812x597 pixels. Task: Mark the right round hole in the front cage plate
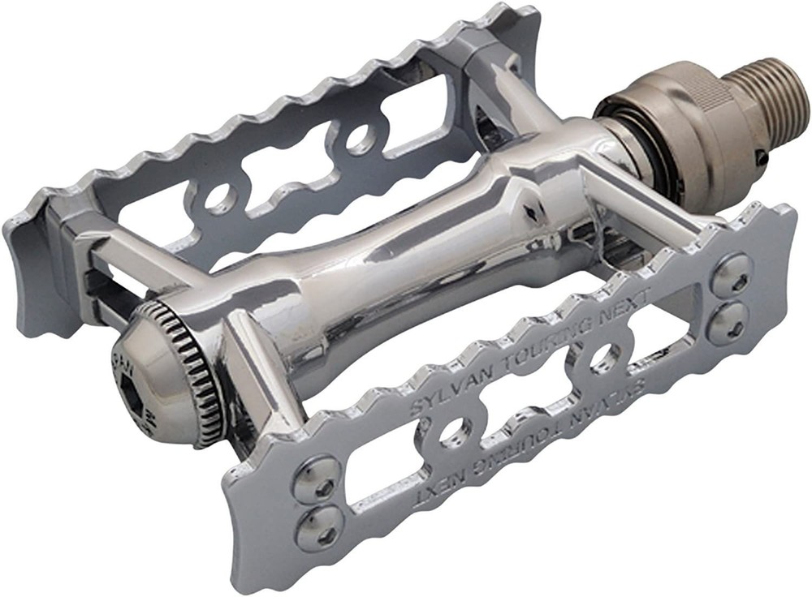[x=604, y=358]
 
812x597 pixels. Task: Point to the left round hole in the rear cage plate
[x=218, y=197]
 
